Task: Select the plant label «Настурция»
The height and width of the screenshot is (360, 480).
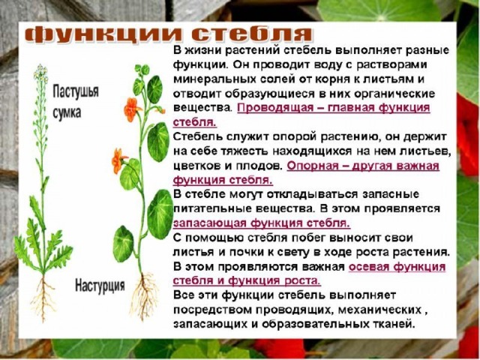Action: [100, 285]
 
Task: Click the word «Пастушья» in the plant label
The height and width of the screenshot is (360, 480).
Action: [76, 91]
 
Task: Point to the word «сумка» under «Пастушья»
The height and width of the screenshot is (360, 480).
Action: [67, 112]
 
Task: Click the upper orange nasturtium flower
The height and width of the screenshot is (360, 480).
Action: [131, 109]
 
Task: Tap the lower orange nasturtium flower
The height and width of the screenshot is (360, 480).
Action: [118, 160]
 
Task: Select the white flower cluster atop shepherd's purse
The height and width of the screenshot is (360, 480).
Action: [40, 73]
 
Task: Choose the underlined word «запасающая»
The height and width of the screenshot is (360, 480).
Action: [210, 223]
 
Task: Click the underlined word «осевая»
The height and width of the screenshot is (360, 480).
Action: [368, 267]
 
